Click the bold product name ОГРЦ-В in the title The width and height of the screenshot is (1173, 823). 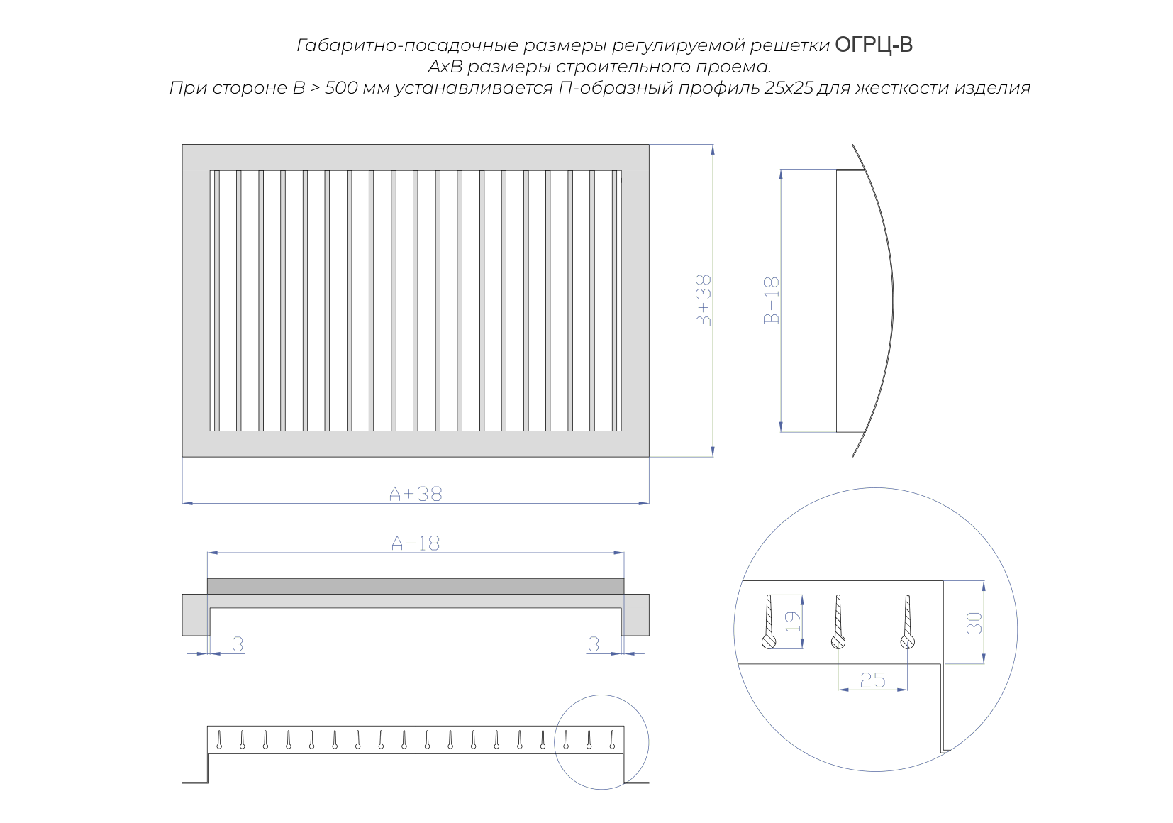pos(873,45)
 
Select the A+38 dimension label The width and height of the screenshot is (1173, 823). pos(416,494)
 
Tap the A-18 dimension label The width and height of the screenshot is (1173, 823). pos(416,543)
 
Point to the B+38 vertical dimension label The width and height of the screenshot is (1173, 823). pos(703,300)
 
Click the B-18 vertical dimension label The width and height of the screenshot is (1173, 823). pos(772,300)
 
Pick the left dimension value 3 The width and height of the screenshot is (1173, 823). pos(238,644)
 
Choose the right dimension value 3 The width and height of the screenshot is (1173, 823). pos(594,644)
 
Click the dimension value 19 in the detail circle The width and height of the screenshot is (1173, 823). pos(792,622)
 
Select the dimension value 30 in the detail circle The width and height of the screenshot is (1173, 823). pos(974,623)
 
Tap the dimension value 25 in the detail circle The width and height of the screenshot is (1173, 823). pos(872,680)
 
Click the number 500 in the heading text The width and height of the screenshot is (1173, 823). pos(341,87)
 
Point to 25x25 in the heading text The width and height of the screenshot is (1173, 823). pos(788,87)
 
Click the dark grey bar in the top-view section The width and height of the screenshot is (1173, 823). pos(416,586)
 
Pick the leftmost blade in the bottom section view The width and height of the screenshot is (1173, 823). pos(219,739)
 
